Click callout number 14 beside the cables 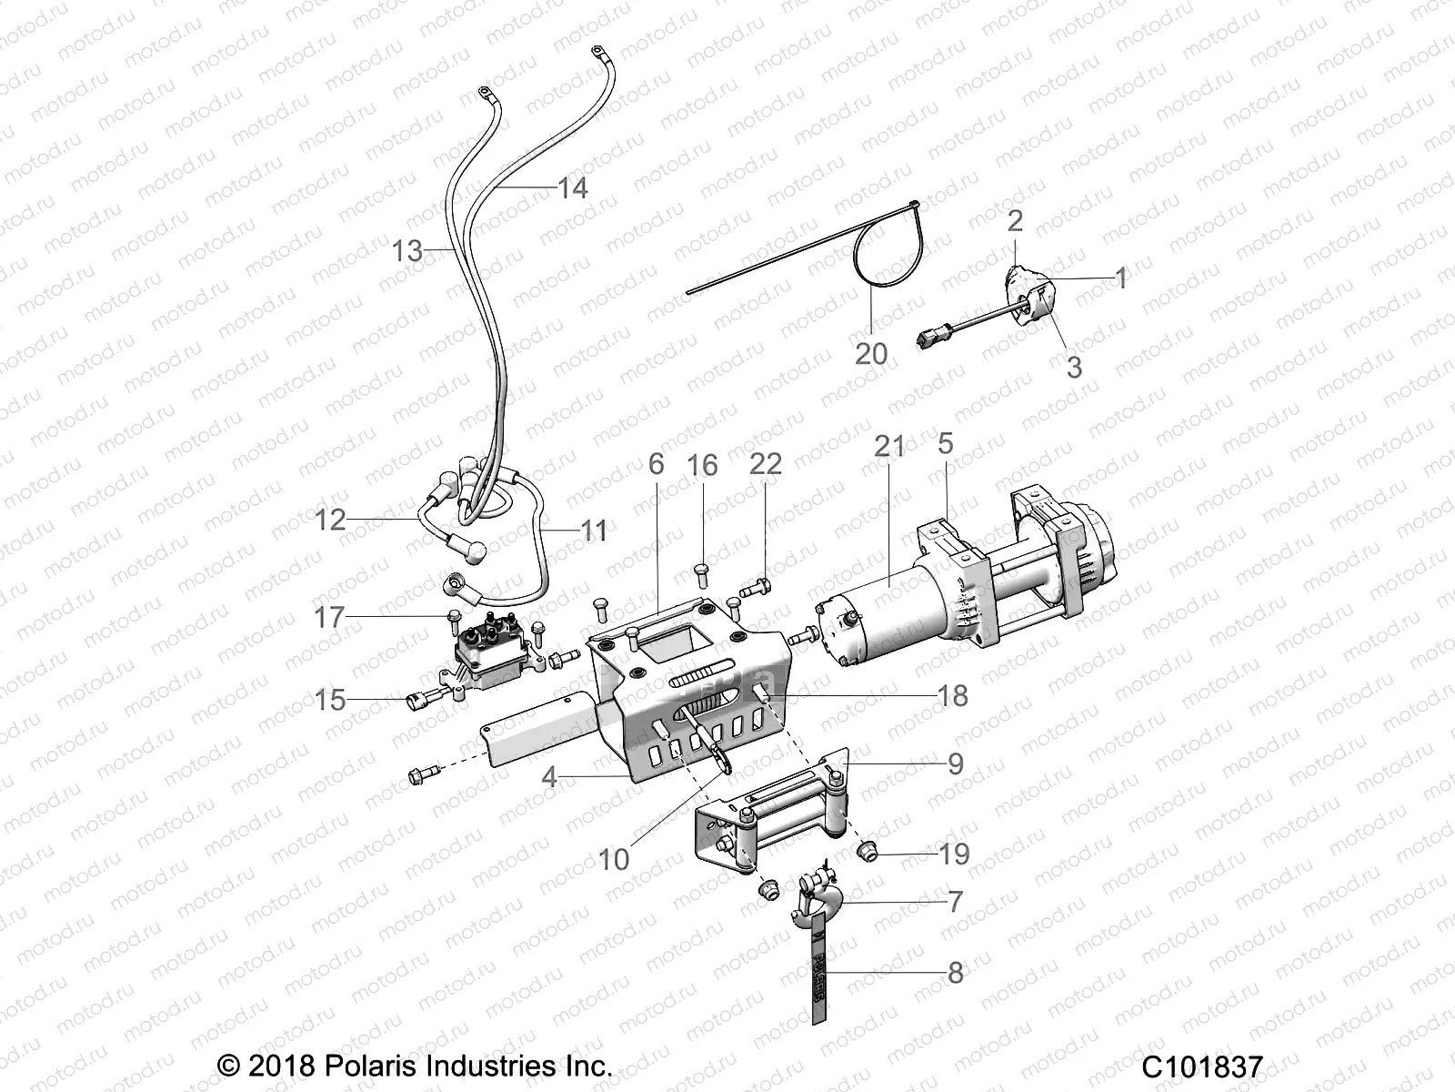click(x=572, y=188)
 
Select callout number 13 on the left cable click(x=407, y=250)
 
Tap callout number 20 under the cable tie click(x=870, y=352)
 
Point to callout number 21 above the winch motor click(x=889, y=447)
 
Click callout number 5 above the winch click(x=945, y=443)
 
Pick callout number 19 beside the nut click(x=954, y=854)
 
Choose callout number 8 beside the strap click(x=955, y=972)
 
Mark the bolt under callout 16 click(x=702, y=572)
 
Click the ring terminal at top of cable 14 click(x=597, y=51)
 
